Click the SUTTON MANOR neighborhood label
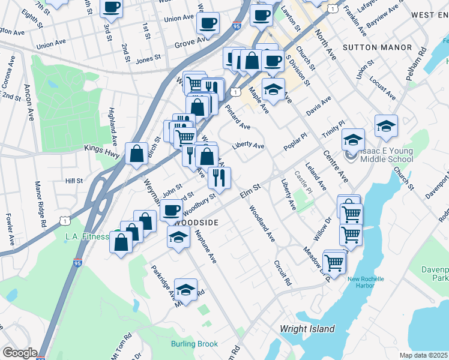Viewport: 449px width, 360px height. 378,47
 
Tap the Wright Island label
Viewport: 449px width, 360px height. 307,329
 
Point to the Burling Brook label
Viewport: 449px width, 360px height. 194,344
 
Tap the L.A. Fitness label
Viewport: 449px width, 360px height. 87,236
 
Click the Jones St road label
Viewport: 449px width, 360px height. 146,61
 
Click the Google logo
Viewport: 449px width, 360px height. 19,353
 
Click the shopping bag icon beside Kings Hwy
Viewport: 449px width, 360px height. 137,153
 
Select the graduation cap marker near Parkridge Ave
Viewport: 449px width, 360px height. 185,289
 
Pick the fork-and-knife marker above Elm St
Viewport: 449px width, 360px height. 220,177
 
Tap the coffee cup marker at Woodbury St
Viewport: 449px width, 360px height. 172,210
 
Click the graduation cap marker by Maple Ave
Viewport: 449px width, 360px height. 274,89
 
